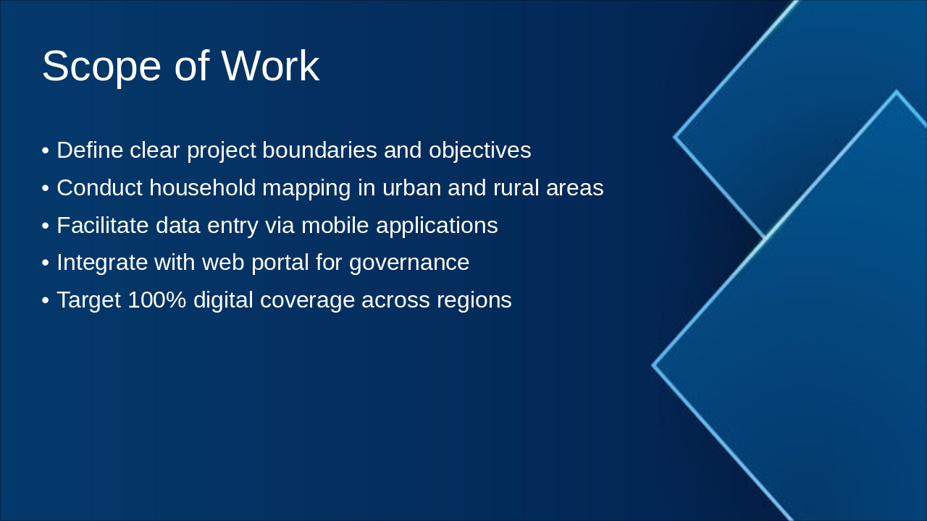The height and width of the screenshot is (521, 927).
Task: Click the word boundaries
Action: coord(319,151)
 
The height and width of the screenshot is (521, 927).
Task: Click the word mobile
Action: coord(335,226)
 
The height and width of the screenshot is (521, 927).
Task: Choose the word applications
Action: coord(436,226)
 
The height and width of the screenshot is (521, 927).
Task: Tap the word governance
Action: coord(409,263)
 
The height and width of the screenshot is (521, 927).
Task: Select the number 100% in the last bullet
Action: coord(156,300)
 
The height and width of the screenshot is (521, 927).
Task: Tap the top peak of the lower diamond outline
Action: coord(896,93)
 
